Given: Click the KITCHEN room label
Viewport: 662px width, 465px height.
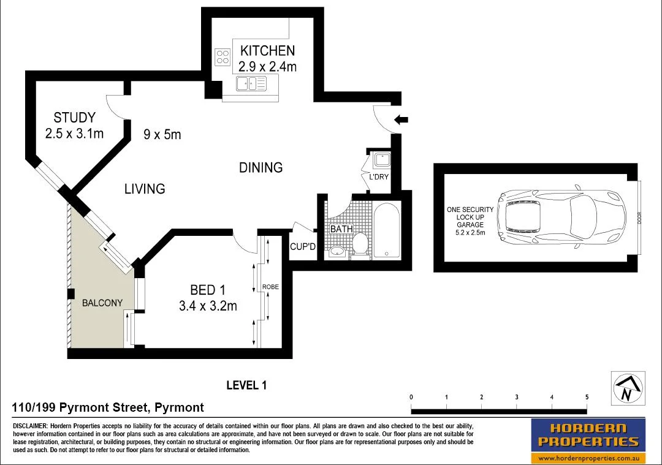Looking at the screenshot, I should tap(267, 51).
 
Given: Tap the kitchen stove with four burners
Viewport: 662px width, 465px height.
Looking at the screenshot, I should tap(221, 57).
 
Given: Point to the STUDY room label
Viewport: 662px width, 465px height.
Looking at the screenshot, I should tap(74, 118).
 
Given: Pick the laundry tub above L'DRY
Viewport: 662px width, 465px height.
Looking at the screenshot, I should tap(382, 161).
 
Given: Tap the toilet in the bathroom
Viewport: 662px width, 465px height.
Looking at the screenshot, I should tap(360, 243).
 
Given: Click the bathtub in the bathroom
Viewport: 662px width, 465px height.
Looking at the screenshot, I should tap(386, 231).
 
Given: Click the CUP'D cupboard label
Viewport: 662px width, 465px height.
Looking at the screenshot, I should tap(302, 247).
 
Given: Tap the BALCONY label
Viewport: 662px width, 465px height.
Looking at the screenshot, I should tap(102, 303).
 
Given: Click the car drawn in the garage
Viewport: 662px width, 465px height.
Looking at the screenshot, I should tap(561, 216).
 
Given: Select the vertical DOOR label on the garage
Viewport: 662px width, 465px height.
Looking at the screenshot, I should tap(639, 218).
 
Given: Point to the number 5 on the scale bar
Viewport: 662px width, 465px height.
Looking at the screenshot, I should tap(587, 397).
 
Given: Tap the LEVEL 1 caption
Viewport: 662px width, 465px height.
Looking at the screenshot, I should tap(246, 385).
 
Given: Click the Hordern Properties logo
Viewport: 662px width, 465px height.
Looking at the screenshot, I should tap(588, 440).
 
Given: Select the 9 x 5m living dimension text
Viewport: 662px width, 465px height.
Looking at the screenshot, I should tap(162, 134).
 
